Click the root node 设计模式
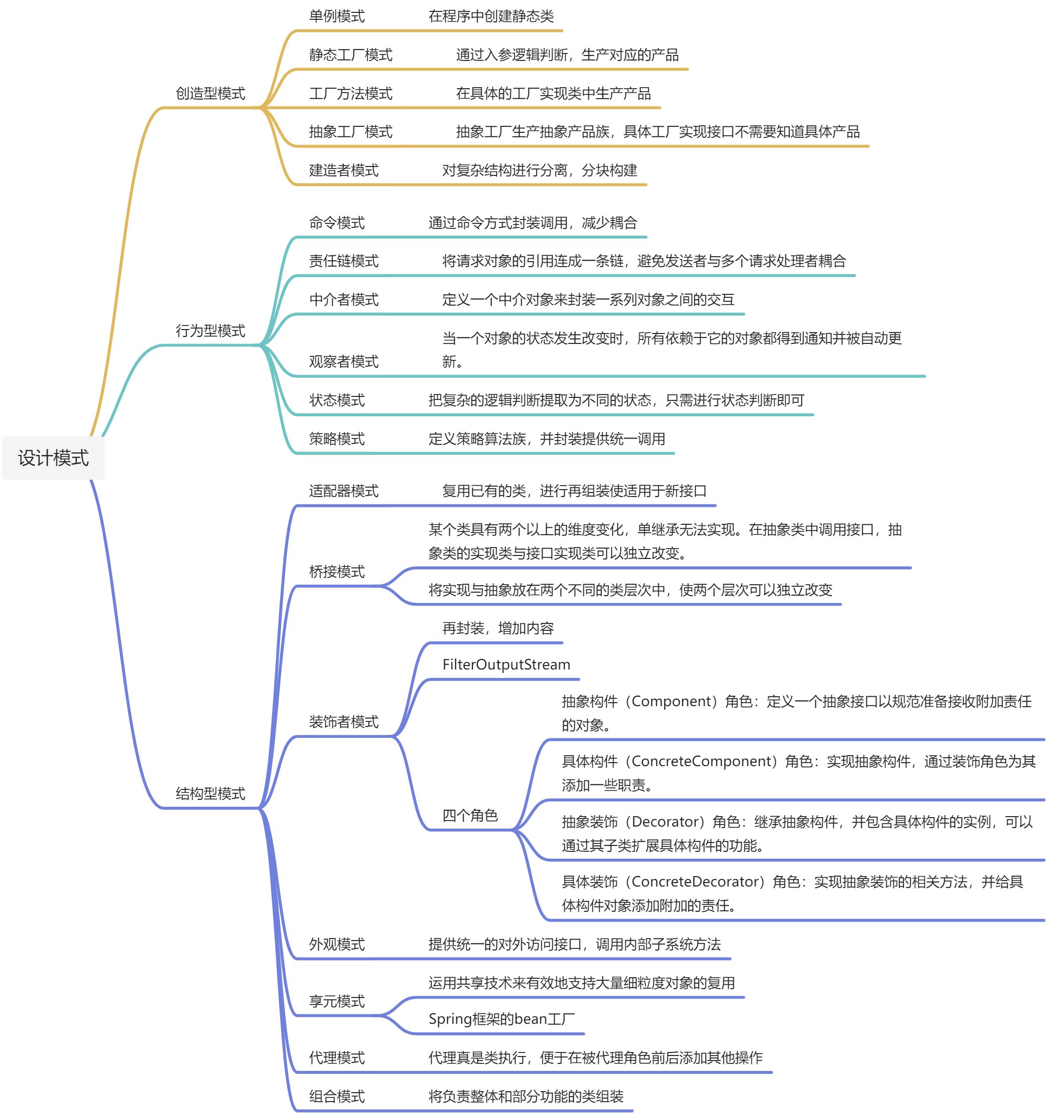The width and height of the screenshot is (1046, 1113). tap(53, 458)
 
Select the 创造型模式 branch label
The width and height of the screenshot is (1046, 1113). tap(211, 94)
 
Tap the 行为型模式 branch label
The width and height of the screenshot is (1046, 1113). tap(211, 331)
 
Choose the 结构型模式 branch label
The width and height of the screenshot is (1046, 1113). tap(211, 793)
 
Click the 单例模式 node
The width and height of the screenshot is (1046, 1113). tap(337, 16)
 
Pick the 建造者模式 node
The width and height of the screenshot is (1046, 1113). tap(344, 170)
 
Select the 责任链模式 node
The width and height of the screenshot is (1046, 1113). tap(344, 261)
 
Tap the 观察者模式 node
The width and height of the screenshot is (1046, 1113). tap(344, 362)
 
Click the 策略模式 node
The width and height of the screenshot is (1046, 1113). tap(337, 439)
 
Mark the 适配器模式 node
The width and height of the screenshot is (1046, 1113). tap(344, 491)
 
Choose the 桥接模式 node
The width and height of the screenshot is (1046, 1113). tap(337, 572)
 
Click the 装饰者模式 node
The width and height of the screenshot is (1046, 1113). tap(344, 722)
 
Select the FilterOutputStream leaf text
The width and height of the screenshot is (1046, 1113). tap(506, 665)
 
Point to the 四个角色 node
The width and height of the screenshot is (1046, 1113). tap(470, 815)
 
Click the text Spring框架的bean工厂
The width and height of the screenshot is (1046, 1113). tap(502, 1019)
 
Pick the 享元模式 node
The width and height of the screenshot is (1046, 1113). tap(337, 1001)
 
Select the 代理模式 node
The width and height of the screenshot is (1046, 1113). tap(337, 1057)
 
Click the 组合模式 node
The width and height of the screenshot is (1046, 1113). tap(337, 1096)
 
